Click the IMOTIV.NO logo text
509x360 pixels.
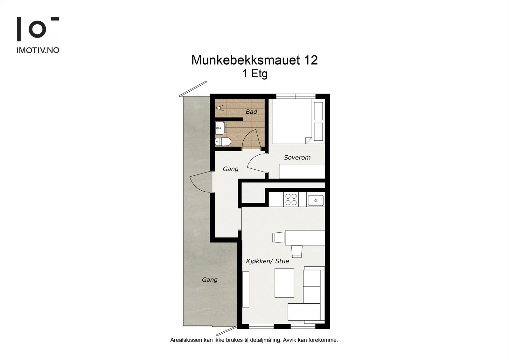pyautogui.click(x=38, y=50)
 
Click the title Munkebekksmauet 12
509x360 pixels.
pyautogui.click(x=254, y=60)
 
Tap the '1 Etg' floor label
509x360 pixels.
pyautogui.click(x=254, y=74)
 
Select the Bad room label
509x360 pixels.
pyautogui.click(x=251, y=112)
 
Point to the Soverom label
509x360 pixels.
pyautogui.click(x=297, y=158)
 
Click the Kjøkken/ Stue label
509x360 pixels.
pyautogui.click(x=268, y=261)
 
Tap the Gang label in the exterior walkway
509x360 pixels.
pyautogui.click(x=210, y=280)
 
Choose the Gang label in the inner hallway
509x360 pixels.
pyautogui.click(x=230, y=169)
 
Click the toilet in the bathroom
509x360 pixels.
pyautogui.click(x=222, y=142)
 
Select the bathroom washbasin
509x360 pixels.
pyautogui.click(x=220, y=129)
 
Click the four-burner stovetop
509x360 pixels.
pyautogui.click(x=291, y=199)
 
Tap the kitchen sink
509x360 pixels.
pyautogui.click(x=315, y=201)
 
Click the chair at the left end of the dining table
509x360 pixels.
pyautogui.click(x=278, y=237)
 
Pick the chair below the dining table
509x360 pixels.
pyautogui.click(x=297, y=251)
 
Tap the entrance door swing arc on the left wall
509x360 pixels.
pyautogui.click(x=199, y=183)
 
